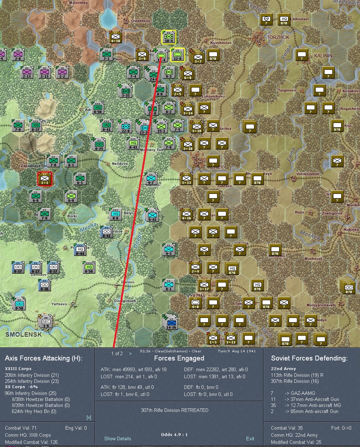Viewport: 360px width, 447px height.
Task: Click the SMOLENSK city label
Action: click(x=23, y=334)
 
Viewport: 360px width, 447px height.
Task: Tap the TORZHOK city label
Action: click(x=278, y=37)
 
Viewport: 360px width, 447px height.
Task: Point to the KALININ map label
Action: click(x=323, y=56)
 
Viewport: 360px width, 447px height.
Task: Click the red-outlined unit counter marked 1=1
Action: click(x=45, y=179)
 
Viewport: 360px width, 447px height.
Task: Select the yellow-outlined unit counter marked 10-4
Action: click(x=168, y=37)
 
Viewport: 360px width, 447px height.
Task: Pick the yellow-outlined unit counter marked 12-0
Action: click(x=177, y=55)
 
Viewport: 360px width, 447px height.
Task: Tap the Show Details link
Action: click(x=117, y=438)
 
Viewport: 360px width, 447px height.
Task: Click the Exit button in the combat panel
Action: click(x=250, y=438)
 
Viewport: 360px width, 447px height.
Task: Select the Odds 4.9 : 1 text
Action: click(x=174, y=435)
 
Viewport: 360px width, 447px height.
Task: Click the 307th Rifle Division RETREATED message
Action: click(x=175, y=410)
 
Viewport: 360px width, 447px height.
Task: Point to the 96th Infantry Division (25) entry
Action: click(x=32, y=393)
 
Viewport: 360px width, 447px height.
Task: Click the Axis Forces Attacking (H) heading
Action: click(x=44, y=358)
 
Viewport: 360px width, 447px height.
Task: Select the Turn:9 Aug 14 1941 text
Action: click(x=237, y=351)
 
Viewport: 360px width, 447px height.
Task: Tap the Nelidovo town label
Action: click(x=120, y=164)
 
